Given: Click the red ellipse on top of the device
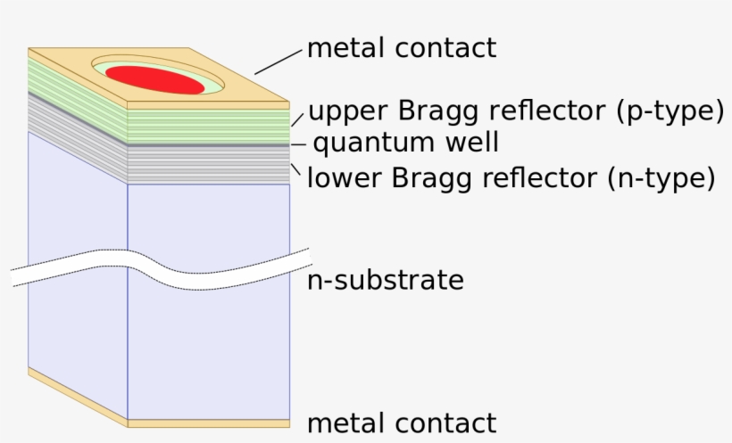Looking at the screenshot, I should [x=157, y=79].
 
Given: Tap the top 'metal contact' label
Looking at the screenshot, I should [x=401, y=47].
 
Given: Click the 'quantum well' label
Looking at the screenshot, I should [x=405, y=143].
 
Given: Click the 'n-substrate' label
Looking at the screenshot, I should [x=385, y=280].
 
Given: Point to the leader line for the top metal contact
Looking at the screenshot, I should [x=279, y=61].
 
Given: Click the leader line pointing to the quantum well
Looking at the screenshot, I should [x=298, y=144].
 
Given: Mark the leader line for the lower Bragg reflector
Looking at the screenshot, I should [x=296, y=168].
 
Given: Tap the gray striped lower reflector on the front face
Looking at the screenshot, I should [x=208, y=165].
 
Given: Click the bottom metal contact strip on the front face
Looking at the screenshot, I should [x=208, y=423].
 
